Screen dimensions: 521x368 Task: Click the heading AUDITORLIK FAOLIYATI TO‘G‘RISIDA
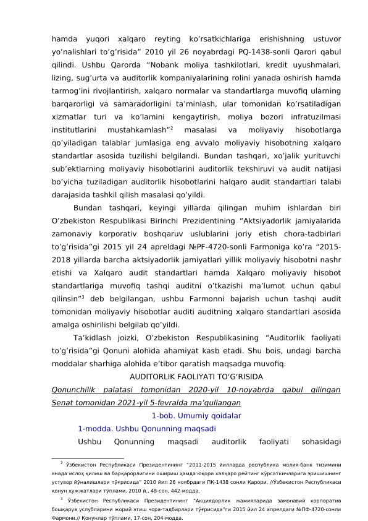(x=196, y=376)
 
